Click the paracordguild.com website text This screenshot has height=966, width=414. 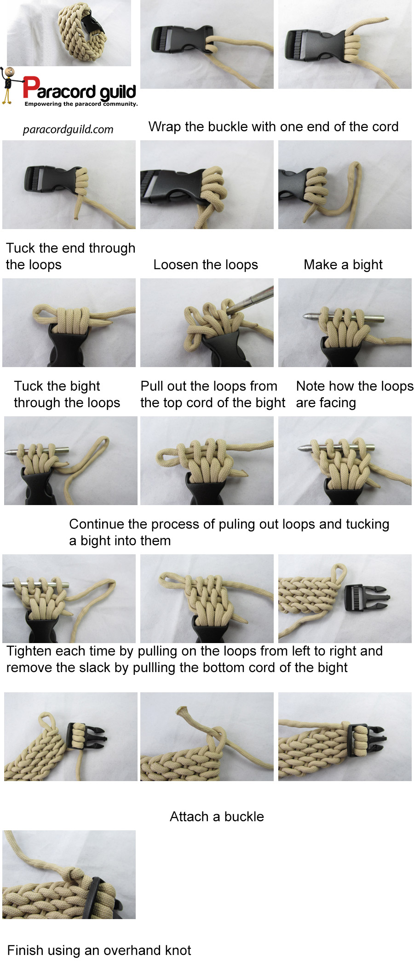point(68,129)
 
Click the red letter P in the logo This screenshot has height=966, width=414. point(30,87)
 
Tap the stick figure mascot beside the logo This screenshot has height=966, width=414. point(8,85)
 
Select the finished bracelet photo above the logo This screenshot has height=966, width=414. point(69,33)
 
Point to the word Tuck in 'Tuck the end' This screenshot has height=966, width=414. point(21,248)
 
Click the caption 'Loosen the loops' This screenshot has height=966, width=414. point(206,264)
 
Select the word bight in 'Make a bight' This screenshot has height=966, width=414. point(368,265)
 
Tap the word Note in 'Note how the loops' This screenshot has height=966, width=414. point(311,386)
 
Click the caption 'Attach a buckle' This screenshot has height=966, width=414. point(217,816)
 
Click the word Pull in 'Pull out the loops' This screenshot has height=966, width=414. point(152,386)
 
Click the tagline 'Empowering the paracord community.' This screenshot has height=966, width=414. point(81,104)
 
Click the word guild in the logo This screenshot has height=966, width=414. point(117,92)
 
